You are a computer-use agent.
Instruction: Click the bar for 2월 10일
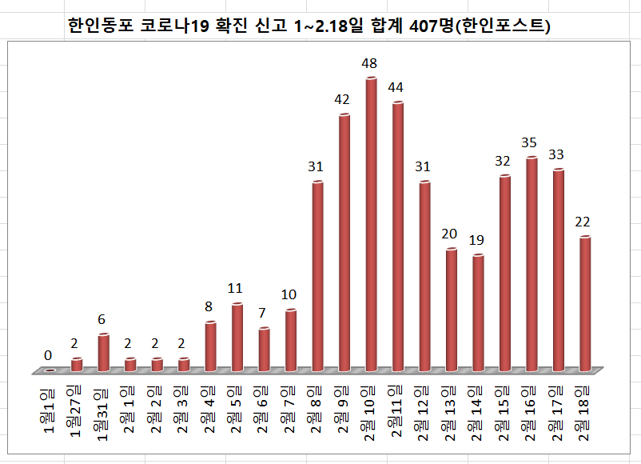pyautogui.click(x=371, y=224)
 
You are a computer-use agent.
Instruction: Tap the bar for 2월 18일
pyautogui.click(x=585, y=303)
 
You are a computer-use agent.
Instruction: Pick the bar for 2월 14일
pyautogui.click(x=478, y=313)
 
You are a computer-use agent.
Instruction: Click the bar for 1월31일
pyautogui.click(x=103, y=353)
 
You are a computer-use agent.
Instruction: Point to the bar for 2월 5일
pyautogui.click(x=237, y=337)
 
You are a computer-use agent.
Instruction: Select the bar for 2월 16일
pyautogui.click(x=532, y=264)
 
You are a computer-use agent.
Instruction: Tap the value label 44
pyautogui.click(x=396, y=86)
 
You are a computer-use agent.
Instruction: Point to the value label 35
pyautogui.click(x=531, y=142)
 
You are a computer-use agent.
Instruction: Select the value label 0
pyautogui.click(x=48, y=355)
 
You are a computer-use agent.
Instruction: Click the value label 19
pyautogui.click(x=477, y=239)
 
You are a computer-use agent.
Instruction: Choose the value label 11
pyautogui.click(x=235, y=288)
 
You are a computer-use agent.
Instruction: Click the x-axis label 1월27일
pyautogui.click(x=76, y=411)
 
